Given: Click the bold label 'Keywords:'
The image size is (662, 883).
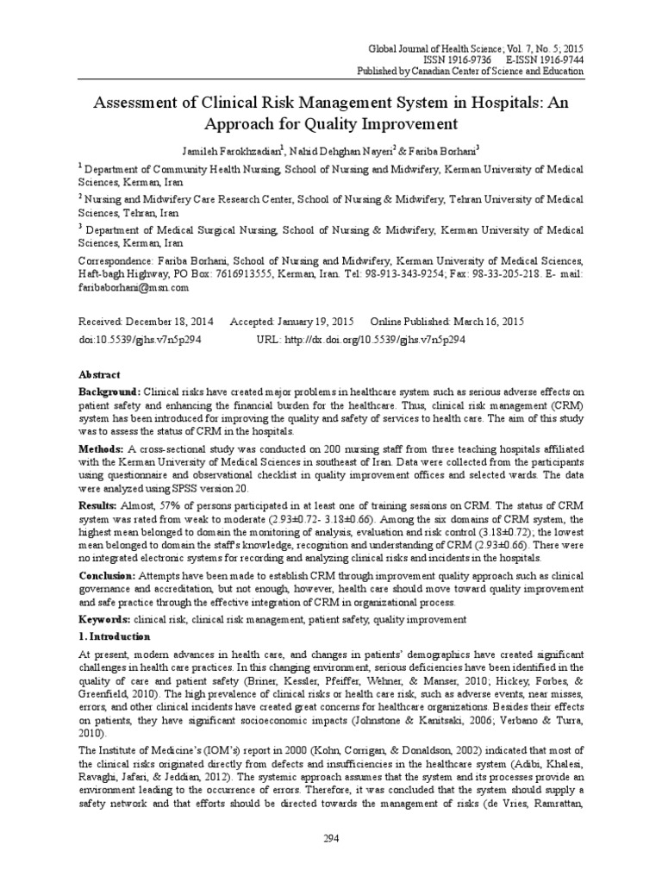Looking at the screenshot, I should click(x=103, y=619).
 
